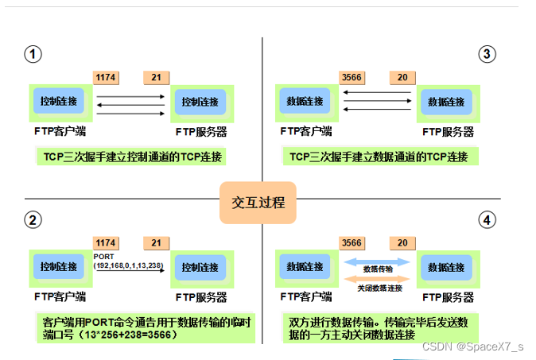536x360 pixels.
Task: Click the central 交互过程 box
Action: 258,201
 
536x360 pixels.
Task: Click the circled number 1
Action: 33,54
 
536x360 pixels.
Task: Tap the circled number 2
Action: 33,219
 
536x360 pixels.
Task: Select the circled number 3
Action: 487,54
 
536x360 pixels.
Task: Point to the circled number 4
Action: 487,219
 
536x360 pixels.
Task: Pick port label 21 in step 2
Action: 156,242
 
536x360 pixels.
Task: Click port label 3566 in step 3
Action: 352,78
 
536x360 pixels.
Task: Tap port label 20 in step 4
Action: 402,242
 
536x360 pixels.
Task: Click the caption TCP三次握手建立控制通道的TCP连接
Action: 131,156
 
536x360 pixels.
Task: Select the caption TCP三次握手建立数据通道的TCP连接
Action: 380,156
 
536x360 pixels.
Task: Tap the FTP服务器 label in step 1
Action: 201,131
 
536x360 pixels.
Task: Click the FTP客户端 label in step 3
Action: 306,131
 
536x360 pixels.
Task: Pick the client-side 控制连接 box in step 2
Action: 58,266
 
